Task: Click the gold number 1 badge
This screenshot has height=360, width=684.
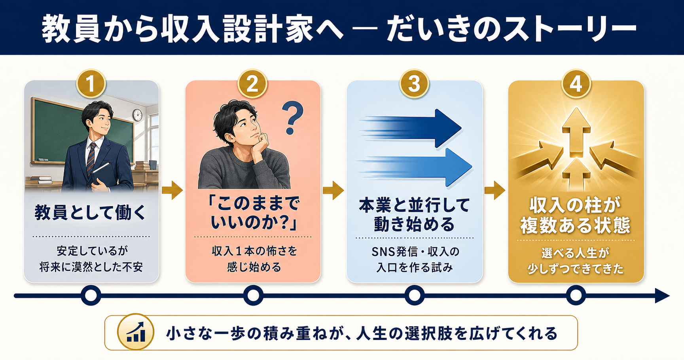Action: (91, 84)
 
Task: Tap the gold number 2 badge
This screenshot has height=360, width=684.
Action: (252, 84)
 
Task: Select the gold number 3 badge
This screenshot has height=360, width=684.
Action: (414, 84)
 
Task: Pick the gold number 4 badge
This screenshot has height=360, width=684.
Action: (576, 84)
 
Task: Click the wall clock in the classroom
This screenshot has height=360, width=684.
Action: (137, 115)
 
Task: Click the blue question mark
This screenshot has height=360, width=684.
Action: (292, 118)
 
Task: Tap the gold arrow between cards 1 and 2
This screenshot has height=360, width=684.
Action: (172, 191)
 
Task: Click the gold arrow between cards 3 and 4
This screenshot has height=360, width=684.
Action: (495, 191)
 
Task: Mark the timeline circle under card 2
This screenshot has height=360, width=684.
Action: (253, 296)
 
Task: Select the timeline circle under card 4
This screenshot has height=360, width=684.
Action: (576, 296)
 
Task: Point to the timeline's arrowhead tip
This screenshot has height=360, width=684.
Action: (669, 296)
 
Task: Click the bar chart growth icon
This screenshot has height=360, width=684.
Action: (136, 332)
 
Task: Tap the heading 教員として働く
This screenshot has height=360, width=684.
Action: (91, 212)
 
